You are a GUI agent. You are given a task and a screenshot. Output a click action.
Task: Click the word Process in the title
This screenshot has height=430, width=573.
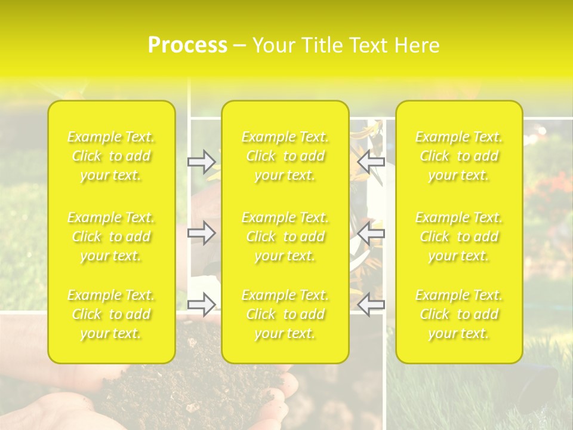click(x=187, y=45)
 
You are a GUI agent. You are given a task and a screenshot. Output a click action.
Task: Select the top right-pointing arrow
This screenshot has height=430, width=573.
click(x=201, y=161)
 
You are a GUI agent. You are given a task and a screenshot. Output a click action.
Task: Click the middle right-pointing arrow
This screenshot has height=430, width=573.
click(x=201, y=233)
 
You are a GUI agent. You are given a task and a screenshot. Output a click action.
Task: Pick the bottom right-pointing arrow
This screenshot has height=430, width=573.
click(x=201, y=305)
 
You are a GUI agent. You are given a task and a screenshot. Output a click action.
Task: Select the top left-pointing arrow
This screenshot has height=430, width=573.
click(x=371, y=161)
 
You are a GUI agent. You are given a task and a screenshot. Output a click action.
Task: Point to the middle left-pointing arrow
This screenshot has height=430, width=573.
click(x=371, y=233)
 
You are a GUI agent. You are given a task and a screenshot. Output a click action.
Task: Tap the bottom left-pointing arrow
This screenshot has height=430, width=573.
click(x=371, y=305)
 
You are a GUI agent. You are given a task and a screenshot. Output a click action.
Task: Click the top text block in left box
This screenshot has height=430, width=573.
click(x=111, y=156)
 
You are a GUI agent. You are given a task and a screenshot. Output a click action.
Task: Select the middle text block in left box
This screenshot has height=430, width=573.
click(x=111, y=236)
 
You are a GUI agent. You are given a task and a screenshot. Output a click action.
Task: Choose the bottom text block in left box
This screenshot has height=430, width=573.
click(x=111, y=314)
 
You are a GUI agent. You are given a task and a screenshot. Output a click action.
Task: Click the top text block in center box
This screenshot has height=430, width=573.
click(x=285, y=156)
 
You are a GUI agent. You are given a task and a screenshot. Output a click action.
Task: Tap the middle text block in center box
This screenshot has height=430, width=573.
click(x=285, y=236)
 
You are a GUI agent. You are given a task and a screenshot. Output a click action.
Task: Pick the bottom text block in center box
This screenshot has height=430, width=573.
click(x=285, y=314)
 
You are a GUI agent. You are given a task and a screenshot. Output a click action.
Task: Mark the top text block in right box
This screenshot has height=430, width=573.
click(x=459, y=156)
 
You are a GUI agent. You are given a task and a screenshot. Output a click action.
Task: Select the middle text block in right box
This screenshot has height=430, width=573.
click(x=459, y=236)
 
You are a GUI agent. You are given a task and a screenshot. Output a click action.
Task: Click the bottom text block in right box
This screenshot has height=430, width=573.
click(x=459, y=314)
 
